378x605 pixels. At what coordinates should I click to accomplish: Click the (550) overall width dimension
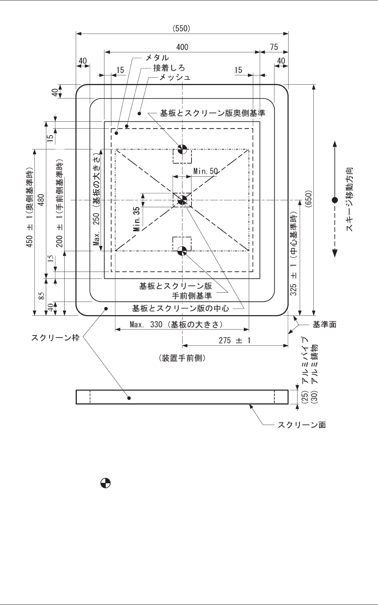pos(182,28)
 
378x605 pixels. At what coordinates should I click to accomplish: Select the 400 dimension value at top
pos(182,47)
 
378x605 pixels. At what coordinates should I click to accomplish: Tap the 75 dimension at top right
pos(274,47)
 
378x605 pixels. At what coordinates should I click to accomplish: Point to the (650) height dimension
pos(308,200)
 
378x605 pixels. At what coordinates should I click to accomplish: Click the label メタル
pos(157,58)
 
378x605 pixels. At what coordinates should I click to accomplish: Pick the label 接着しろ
pos(169,68)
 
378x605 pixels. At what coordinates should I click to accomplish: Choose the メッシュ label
pos(175,77)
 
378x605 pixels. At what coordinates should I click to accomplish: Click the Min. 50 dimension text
pos(206,171)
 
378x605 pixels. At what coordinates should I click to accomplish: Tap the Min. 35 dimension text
pos(137,219)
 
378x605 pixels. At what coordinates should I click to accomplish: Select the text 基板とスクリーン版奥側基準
pos(213,113)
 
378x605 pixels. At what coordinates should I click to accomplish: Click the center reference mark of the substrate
pos(182,200)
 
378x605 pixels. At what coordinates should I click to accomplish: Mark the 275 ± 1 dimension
pos(235,340)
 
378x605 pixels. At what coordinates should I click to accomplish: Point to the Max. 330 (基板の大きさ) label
pos(176,324)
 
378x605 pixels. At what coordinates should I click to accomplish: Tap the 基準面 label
pos(324,324)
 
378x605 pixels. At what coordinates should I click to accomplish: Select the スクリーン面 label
pos(302,425)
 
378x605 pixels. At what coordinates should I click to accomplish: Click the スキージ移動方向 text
pos(350,199)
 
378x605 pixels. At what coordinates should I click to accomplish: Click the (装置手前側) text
pos(182,358)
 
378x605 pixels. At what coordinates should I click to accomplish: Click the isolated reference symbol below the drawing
pos(106,483)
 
